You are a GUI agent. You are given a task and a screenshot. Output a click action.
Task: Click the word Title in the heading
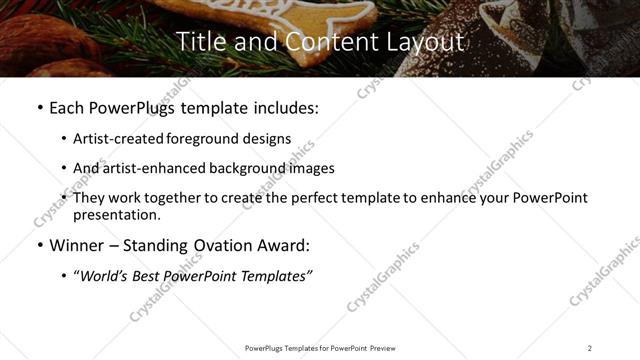(198, 41)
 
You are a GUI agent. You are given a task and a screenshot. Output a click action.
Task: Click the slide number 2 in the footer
(589, 348)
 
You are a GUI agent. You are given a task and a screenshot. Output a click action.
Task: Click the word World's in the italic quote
(108, 275)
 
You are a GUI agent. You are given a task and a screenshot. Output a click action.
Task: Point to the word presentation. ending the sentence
(116, 215)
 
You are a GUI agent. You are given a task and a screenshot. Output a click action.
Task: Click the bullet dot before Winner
(39, 245)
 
